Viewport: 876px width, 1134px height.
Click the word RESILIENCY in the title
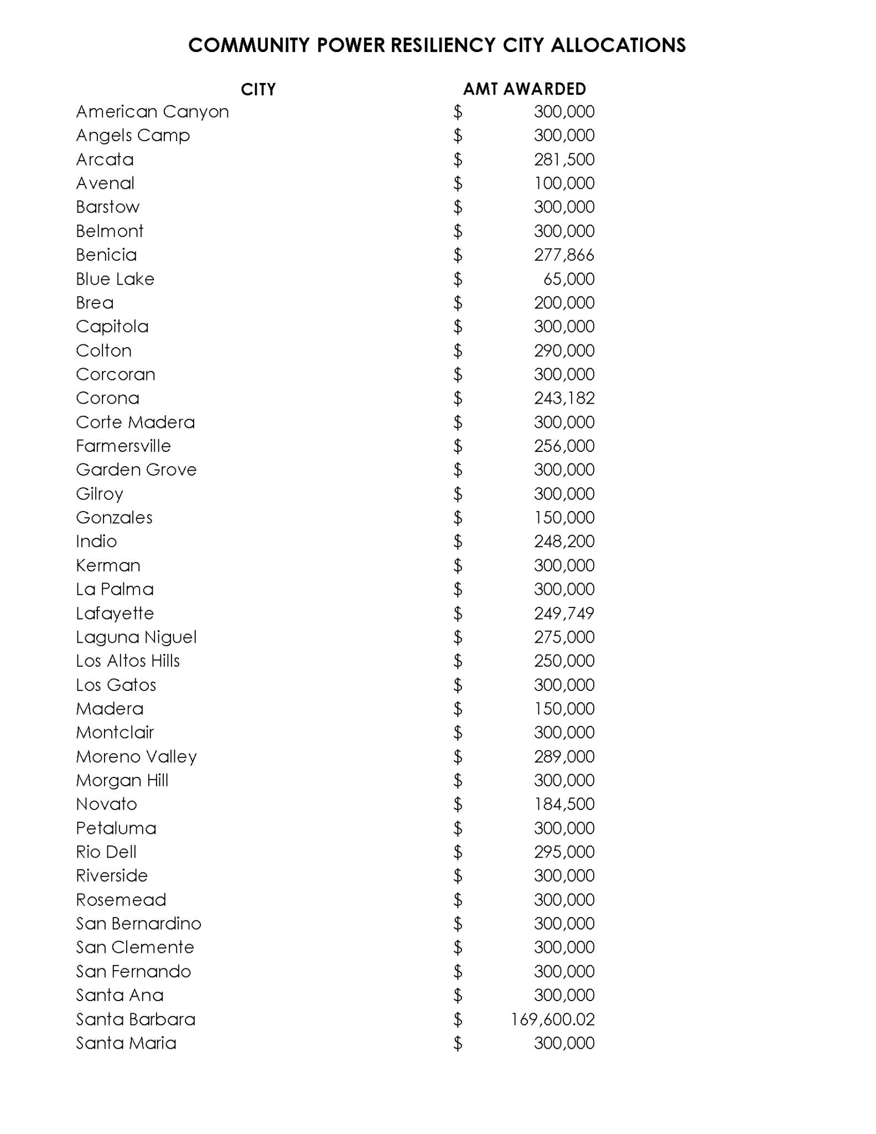click(x=443, y=45)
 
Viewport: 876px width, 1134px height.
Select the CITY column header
click(x=258, y=89)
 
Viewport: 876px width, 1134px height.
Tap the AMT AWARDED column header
click(x=524, y=89)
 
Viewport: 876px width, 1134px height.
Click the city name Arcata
click(x=105, y=159)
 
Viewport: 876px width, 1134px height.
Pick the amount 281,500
click(x=564, y=159)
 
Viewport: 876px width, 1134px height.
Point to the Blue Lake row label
click(x=115, y=279)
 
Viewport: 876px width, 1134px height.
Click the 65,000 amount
click(x=569, y=279)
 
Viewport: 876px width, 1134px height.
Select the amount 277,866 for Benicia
click(x=564, y=255)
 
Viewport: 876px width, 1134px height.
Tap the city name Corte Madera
click(x=136, y=422)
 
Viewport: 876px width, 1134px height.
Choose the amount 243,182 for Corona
click(x=564, y=398)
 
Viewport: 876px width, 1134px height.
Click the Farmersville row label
click(x=123, y=446)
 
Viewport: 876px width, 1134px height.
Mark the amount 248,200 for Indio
click(x=564, y=542)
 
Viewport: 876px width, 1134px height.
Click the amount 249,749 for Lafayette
click(x=564, y=614)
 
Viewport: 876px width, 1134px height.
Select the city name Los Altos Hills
click(x=128, y=661)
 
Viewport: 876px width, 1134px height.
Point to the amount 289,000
click(x=564, y=756)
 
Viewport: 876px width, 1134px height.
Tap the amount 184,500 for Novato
click(x=564, y=804)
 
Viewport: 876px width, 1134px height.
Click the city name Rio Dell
click(x=106, y=852)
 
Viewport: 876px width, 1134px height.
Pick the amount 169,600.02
click(x=553, y=1019)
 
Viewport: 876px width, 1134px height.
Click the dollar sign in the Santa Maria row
click(x=458, y=1044)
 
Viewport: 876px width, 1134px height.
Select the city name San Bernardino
click(x=138, y=924)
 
